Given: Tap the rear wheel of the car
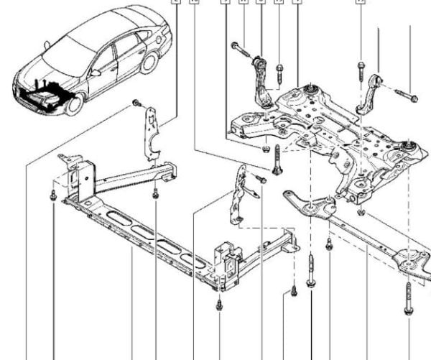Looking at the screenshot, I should (149, 63).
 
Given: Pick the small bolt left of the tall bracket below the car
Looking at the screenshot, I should (136, 105).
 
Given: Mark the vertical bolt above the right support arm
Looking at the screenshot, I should (359, 70).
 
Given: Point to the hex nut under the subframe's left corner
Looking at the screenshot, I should (264, 149).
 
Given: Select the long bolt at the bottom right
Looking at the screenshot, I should (408, 298).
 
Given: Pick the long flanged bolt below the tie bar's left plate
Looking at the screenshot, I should (310, 272).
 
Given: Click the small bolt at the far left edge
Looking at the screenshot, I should (54, 195).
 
